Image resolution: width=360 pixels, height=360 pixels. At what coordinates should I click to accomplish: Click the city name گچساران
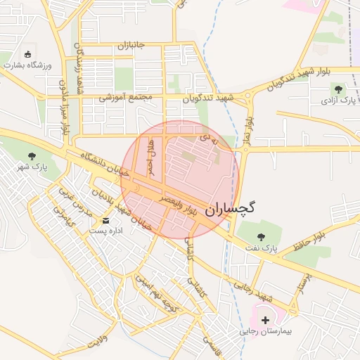point(231,209)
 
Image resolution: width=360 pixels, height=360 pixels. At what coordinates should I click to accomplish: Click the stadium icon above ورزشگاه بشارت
point(27,54)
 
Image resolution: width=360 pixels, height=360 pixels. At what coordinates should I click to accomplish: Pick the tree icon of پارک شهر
point(31,157)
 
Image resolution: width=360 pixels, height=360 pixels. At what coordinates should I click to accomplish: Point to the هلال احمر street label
point(150,156)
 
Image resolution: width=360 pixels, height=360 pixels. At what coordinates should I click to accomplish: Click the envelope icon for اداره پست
point(105,220)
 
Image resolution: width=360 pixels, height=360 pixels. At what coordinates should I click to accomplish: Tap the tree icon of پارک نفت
point(262,237)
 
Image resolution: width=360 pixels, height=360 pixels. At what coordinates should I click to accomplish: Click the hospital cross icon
point(265,320)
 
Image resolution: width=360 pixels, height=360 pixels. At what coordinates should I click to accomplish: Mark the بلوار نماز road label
point(247,131)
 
